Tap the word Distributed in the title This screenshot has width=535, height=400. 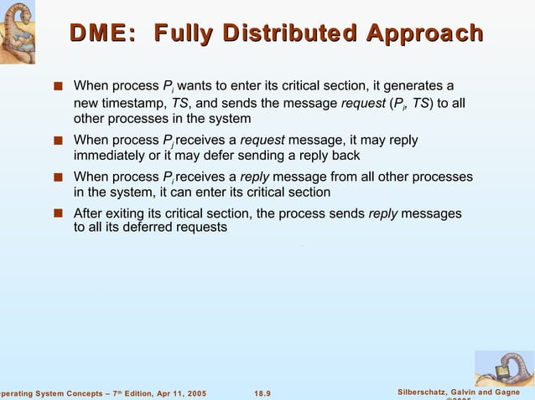pos(289,33)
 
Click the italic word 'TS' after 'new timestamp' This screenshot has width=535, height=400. pos(179,103)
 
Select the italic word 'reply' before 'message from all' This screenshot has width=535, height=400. pos(254,177)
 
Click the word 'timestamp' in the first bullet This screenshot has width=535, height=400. pos(134,103)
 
